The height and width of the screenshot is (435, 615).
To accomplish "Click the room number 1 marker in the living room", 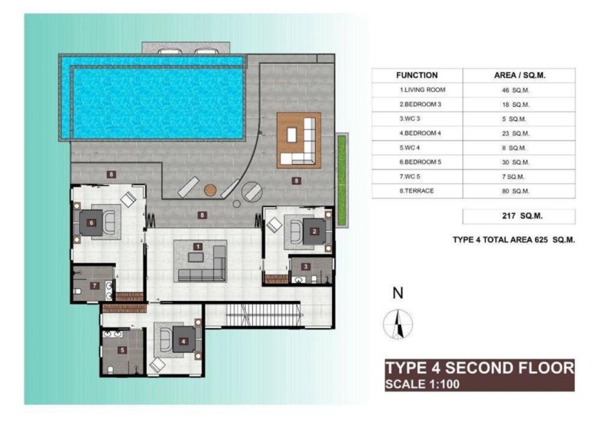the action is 197,247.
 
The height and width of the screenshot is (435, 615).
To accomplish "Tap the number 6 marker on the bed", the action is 91,222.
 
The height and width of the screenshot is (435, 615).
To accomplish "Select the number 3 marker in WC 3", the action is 306,267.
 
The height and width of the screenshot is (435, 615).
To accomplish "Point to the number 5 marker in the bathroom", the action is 123,350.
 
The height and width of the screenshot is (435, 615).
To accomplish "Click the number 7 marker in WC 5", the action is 95,285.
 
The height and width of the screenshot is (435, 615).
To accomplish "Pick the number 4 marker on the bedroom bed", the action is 183,341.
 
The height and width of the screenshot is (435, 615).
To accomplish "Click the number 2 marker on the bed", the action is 314,231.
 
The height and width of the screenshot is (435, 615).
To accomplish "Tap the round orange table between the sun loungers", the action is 210,190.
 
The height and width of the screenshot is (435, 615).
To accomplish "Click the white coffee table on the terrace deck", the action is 291,135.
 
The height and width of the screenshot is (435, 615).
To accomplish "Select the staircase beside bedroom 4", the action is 264,314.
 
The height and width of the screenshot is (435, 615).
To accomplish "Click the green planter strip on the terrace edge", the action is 341,180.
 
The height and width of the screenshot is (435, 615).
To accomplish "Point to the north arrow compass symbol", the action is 398,324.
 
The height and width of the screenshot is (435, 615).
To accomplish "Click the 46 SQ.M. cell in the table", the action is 515,91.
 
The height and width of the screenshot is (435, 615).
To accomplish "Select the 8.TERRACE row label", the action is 417,191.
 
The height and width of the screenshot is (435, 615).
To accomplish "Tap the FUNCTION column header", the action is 417,76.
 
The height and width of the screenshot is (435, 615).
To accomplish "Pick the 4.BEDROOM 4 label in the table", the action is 420,133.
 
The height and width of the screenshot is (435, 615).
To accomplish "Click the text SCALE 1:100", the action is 423,384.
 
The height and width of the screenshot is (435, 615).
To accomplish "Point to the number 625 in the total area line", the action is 541,240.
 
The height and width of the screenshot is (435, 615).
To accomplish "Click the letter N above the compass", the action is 398,293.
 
